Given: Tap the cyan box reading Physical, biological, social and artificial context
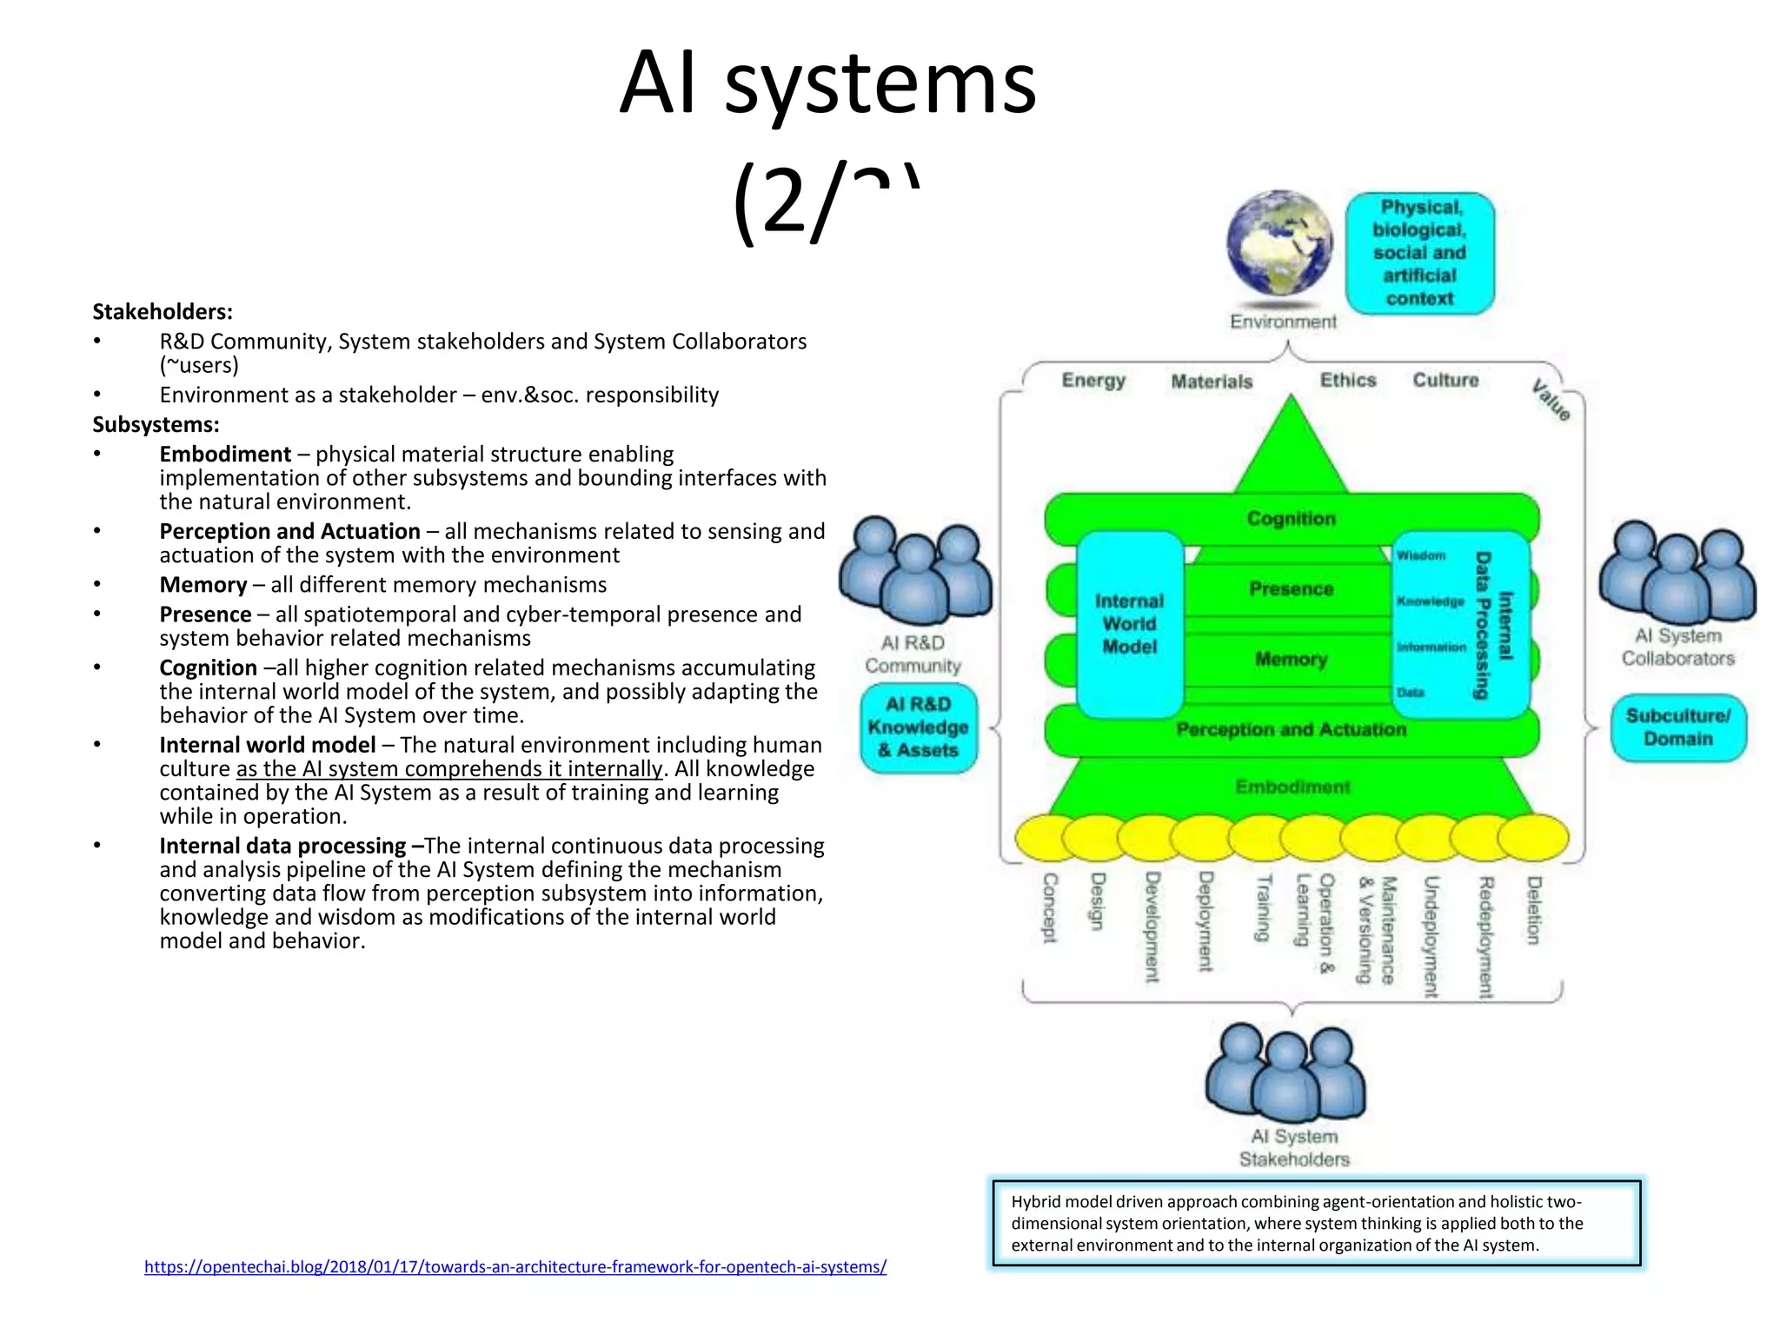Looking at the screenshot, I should [x=1419, y=253].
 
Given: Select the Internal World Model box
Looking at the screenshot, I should [x=1129, y=624].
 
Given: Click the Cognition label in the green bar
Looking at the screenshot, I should [x=1291, y=519].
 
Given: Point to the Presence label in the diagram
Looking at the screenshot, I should [x=1291, y=589].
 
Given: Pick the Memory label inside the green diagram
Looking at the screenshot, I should [x=1291, y=660].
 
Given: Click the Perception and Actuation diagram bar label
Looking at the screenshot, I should [x=1291, y=730].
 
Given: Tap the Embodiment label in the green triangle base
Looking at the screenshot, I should [x=1292, y=787].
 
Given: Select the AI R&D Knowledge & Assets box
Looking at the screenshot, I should [x=918, y=727].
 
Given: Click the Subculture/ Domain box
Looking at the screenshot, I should [x=1677, y=727].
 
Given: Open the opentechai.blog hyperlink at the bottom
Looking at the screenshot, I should [x=515, y=1267].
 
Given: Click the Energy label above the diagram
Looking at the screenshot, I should [x=1093, y=381].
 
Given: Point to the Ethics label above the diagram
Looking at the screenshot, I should [x=1348, y=380].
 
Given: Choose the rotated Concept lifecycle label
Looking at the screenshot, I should [x=1050, y=907].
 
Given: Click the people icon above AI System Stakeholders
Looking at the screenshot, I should [x=1285, y=1073].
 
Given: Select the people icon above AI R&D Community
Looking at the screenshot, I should [x=915, y=569].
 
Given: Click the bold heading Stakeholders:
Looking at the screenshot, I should [x=163, y=312].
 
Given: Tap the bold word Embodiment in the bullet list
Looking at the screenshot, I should [x=225, y=455].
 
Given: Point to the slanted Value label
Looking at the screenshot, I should [x=1551, y=400].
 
